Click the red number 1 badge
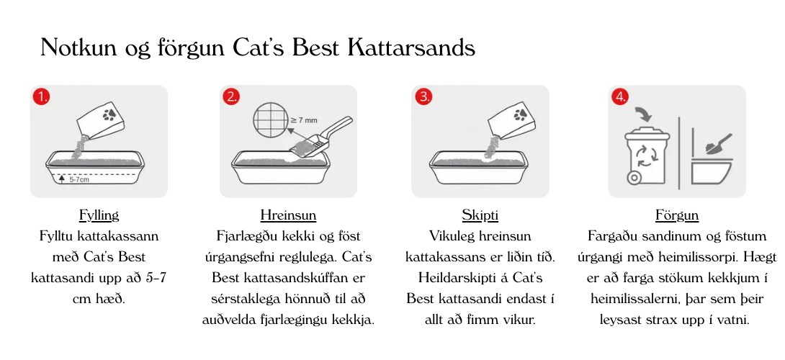42,96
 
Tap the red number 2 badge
231,96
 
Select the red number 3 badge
423,96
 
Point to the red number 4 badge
620,96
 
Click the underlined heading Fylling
99,215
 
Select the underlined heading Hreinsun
288,215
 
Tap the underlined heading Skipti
480,215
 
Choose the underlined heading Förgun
677,215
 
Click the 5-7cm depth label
79,179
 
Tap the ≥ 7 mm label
303,120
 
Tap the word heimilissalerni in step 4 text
630,299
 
